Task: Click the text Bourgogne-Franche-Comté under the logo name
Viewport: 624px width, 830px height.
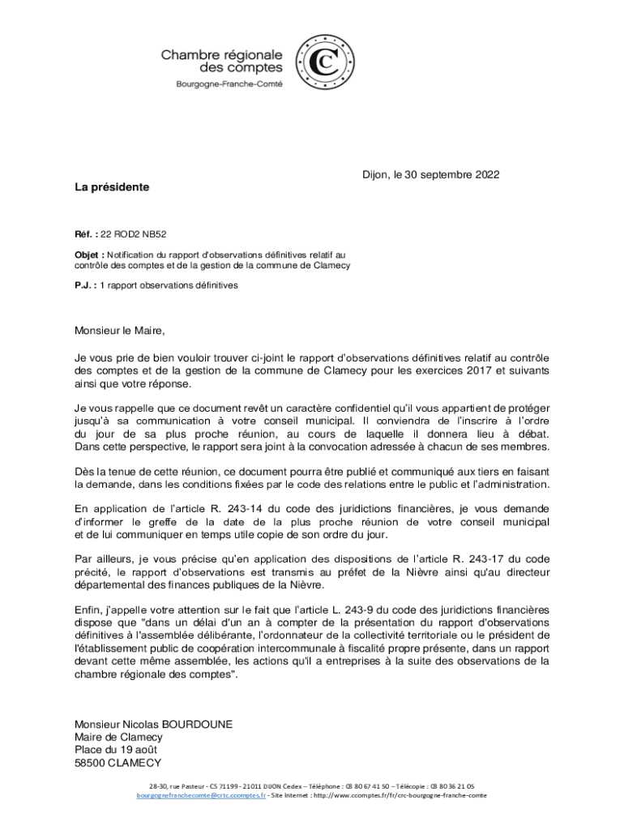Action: [229, 85]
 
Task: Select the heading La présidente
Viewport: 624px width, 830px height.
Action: [112, 187]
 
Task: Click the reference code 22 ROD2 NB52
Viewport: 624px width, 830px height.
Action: [134, 234]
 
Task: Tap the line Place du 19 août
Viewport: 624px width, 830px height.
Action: [118, 750]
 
